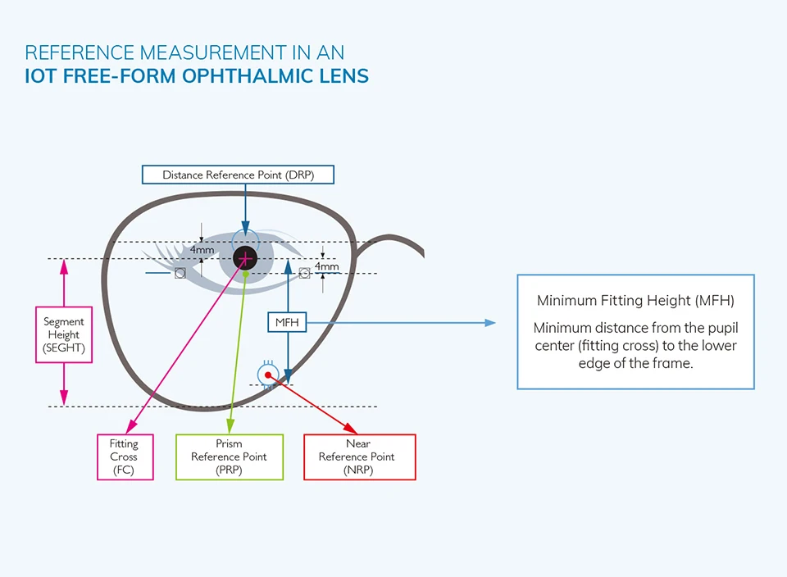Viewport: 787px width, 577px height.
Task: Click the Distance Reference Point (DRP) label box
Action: click(x=239, y=175)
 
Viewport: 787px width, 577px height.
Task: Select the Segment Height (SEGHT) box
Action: click(x=64, y=334)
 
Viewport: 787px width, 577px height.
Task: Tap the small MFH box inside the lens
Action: click(x=287, y=322)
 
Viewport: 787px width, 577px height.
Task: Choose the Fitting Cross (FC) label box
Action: click(x=125, y=457)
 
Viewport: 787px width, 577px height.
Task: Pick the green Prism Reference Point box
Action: click(x=229, y=457)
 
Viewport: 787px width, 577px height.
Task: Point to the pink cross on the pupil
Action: click(x=244, y=259)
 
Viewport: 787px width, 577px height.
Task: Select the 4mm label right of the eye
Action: click(x=326, y=266)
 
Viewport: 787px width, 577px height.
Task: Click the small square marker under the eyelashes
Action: click(x=180, y=272)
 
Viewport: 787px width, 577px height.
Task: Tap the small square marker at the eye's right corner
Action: click(x=304, y=272)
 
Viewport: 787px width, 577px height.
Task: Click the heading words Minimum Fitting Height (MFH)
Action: click(x=635, y=301)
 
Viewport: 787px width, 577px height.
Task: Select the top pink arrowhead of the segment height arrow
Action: click(x=64, y=266)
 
